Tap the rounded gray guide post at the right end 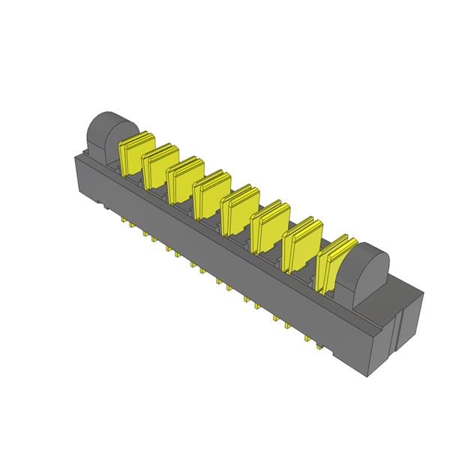(370, 273)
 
